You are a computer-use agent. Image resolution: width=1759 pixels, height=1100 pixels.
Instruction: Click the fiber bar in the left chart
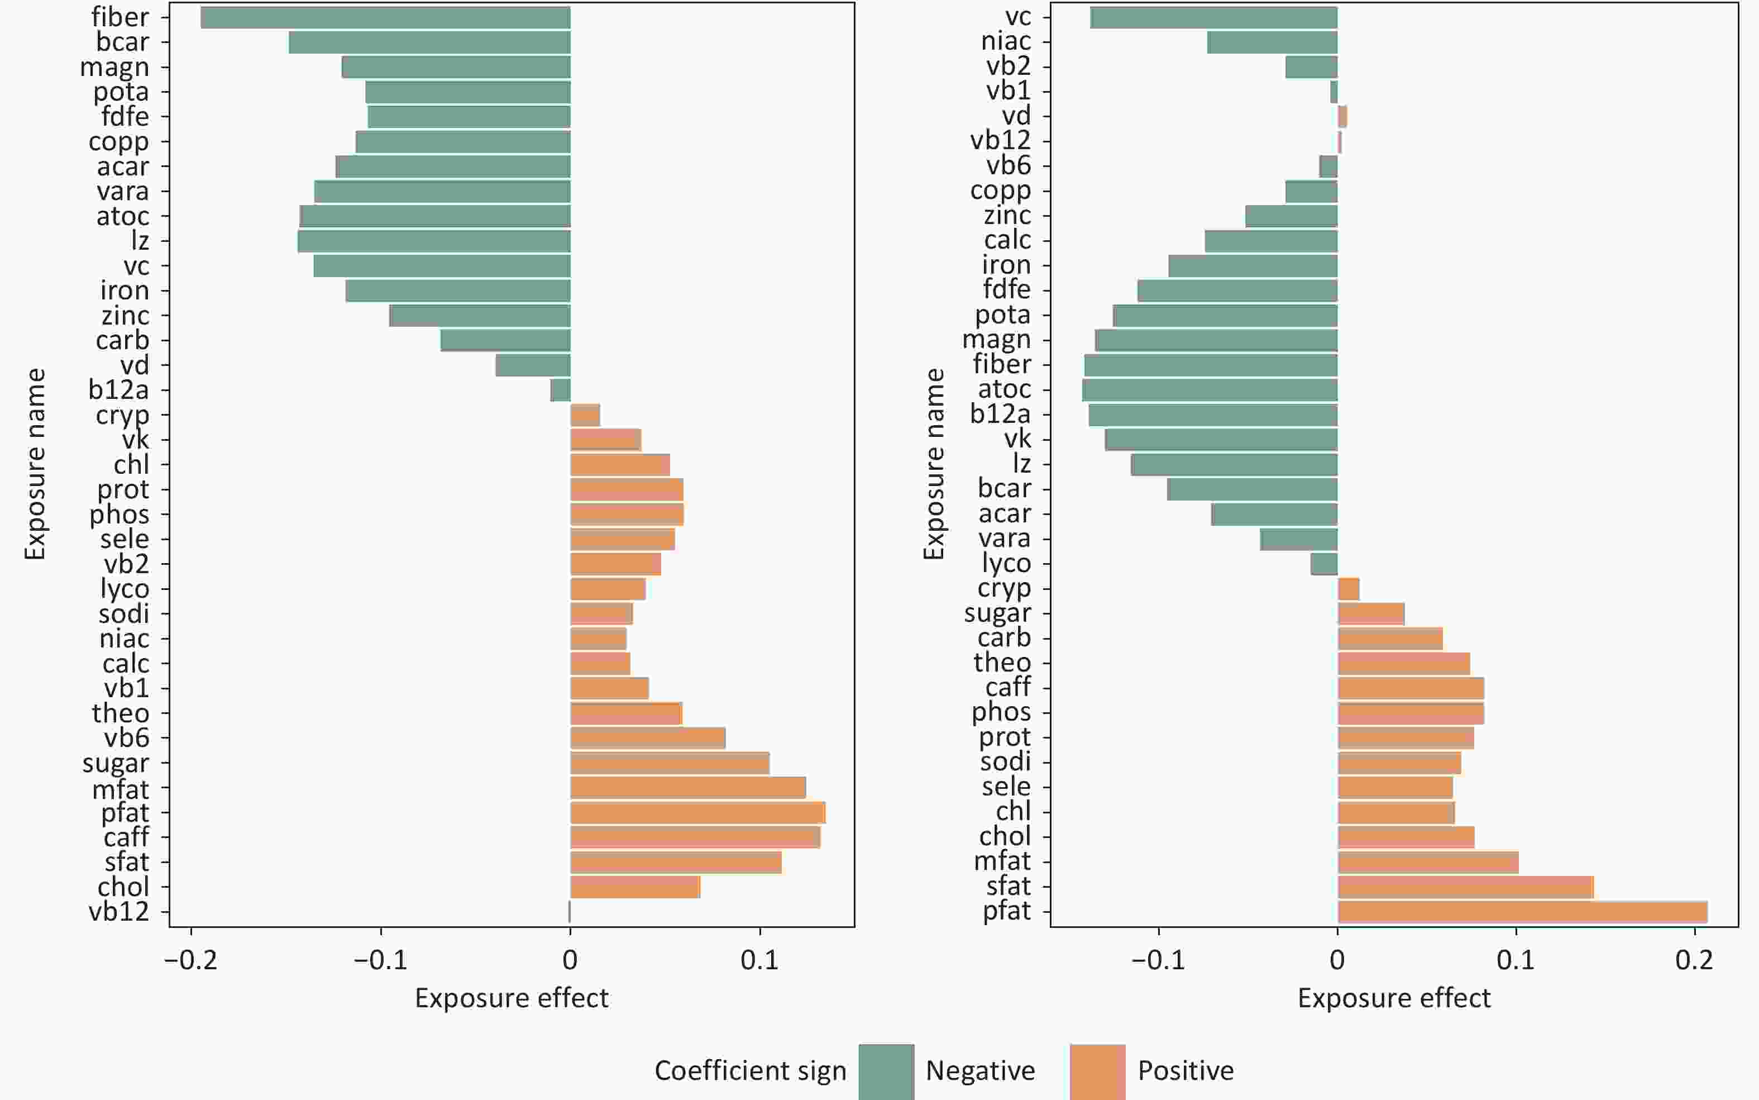coord(385,17)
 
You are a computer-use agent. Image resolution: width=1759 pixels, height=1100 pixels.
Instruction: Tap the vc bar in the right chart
coord(1213,17)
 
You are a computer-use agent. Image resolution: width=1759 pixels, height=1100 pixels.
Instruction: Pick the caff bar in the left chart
coord(695,837)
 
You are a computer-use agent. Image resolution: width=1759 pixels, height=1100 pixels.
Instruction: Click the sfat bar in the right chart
coord(1465,887)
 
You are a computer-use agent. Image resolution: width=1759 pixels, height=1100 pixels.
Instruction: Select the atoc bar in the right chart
coord(1210,390)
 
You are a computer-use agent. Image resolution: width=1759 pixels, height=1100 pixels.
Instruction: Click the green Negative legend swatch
coord(886,1071)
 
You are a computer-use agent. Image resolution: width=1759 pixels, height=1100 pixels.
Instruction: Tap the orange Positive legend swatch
coord(1097,1071)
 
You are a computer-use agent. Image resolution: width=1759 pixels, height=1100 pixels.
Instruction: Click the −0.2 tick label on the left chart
coord(190,960)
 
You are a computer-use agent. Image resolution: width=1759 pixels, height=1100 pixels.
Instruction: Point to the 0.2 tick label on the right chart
coord(1694,960)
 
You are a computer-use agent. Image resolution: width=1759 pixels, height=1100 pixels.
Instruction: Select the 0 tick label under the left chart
coord(570,960)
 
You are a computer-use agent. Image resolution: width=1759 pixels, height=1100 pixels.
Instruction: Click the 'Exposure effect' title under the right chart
coord(1394,998)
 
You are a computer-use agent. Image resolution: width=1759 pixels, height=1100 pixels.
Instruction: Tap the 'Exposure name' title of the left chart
coord(35,464)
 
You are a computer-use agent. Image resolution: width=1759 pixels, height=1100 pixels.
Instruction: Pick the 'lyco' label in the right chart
coord(1006,563)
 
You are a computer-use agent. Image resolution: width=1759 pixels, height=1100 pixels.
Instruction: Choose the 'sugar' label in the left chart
coord(116,763)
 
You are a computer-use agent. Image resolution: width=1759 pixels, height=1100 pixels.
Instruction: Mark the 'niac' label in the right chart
coord(1006,41)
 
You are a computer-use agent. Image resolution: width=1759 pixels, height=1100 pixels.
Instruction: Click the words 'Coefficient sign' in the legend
coord(751,1071)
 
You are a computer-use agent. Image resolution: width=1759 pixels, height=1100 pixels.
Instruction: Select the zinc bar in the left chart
coord(480,316)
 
